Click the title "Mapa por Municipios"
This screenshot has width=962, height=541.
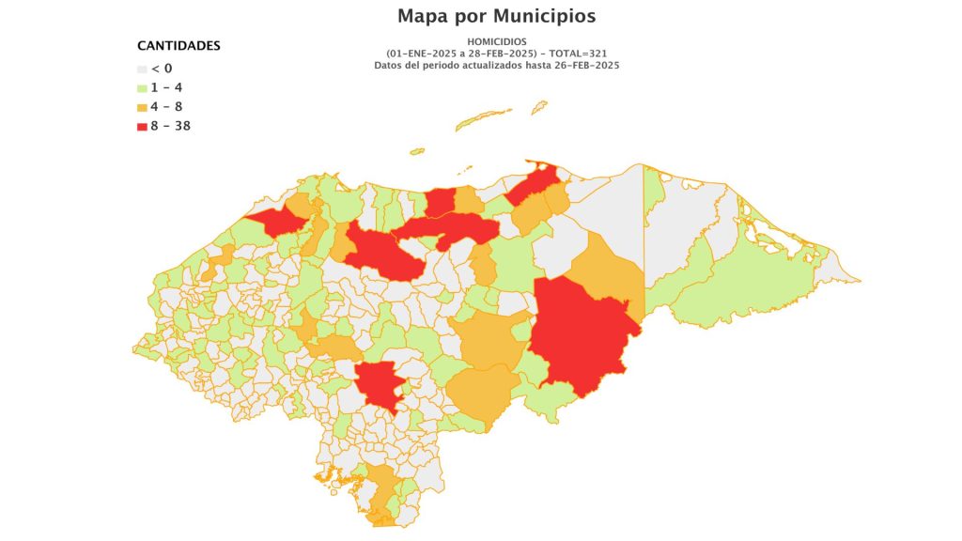(x=496, y=16)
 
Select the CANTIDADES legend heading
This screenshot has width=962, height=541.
(x=178, y=45)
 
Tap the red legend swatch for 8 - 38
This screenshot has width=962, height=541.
(x=143, y=126)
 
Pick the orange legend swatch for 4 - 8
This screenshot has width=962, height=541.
(x=143, y=107)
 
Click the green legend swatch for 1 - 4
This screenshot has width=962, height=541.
(x=143, y=88)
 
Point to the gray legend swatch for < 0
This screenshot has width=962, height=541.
(x=143, y=69)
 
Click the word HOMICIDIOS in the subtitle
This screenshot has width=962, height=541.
(x=496, y=41)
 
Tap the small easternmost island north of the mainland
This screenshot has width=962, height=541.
(x=539, y=107)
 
